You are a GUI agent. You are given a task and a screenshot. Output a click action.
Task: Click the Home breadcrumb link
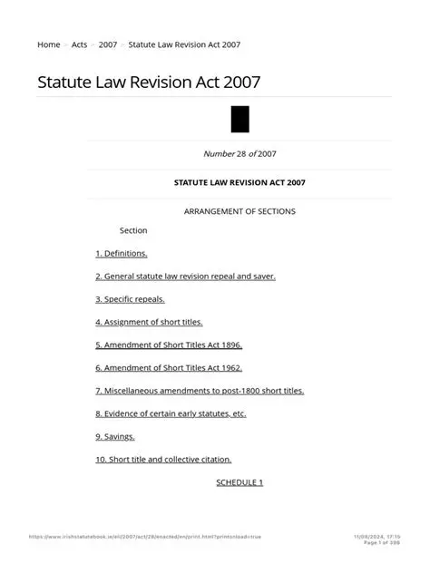[x=48, y=44]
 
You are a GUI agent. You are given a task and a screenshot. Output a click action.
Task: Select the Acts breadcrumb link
[x=79, y=44]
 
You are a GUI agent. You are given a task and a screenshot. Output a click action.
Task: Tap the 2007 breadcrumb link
[x=108, y=44]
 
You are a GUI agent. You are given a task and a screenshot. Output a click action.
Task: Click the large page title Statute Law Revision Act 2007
[x=149, y=83]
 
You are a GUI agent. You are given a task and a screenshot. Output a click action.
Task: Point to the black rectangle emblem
[x=239, y=120]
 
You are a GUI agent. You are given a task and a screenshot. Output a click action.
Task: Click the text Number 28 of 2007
[x=239, y=154]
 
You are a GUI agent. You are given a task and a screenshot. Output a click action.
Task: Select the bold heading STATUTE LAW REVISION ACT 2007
[x=239, y=182]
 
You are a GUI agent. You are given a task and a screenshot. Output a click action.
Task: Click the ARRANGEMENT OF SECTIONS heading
[x=239, y=211]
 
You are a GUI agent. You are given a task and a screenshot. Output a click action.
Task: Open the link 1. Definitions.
[x=122, y=254]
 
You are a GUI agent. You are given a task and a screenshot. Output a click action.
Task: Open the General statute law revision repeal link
[x=185, y=277]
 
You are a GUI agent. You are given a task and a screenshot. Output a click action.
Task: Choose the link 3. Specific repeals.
[x=130, y=299]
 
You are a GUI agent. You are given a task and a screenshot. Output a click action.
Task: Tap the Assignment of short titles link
[x=149, y=322]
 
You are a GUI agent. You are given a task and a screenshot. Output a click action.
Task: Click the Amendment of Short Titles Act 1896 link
[x=169, y=345]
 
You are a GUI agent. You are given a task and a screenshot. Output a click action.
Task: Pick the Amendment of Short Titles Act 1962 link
[x=169, y=368]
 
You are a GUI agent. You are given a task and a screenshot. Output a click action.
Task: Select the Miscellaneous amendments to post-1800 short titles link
[x=200, y=391]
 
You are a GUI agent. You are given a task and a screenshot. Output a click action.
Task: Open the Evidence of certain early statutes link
[x=171, y=413]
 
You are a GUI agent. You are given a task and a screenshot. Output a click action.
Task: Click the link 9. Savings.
[x=115, y=437]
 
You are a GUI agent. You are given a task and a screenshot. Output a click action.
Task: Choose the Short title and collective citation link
[x=163, y=460]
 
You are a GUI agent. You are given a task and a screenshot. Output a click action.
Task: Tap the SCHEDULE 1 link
[x=239, y=482]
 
